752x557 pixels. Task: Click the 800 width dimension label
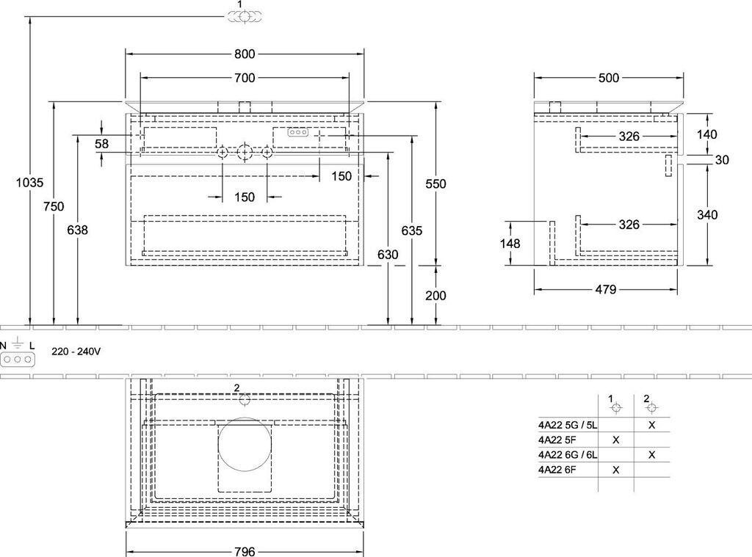coord(245,54)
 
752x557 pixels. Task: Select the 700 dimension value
coord(245,78)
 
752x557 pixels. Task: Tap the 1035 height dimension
coord(29,182)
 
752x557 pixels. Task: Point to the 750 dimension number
coord(53,206)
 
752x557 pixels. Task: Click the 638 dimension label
coord(77,230)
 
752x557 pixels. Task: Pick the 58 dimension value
coord(101,144)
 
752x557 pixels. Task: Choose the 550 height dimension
coord(435,183)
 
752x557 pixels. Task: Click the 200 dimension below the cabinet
coord(435,296)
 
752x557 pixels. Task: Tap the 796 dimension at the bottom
coord(245,551)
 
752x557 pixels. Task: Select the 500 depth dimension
coord(609,78)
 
